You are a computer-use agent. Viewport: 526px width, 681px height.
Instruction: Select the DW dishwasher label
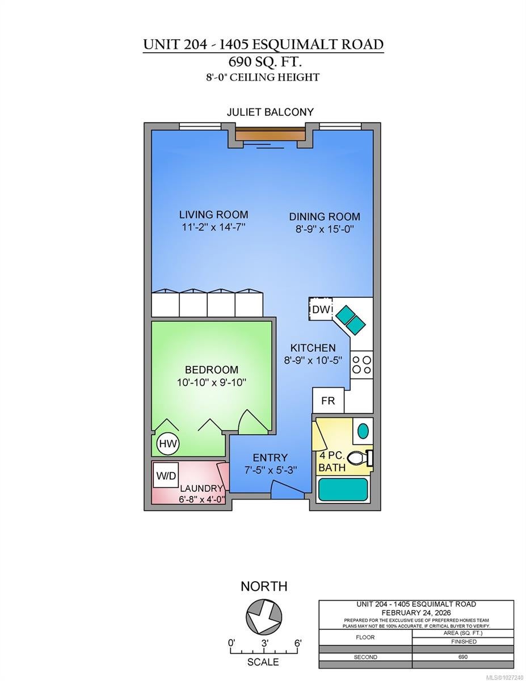321,309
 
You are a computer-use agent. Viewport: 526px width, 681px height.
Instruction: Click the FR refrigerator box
328,400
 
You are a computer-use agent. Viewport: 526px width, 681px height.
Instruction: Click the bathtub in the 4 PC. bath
343,489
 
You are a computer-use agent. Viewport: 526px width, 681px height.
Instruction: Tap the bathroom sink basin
363,431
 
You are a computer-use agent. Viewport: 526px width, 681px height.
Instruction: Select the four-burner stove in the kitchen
361,364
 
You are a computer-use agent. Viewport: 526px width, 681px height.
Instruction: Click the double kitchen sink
350,320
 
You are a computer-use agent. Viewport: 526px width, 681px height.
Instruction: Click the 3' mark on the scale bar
265,644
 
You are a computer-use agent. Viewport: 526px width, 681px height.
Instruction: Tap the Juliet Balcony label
270,112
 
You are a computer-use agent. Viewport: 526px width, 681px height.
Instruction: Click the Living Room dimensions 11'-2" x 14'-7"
213,227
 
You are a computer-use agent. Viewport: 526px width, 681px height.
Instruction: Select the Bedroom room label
212,370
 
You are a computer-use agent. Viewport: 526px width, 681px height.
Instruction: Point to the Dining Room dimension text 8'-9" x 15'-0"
325,229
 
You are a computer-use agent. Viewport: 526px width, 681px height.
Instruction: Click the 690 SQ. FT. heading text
265,62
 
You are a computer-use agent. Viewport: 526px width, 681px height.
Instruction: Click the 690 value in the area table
462,657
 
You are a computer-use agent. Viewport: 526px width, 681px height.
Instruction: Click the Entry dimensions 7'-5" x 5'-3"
270,470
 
